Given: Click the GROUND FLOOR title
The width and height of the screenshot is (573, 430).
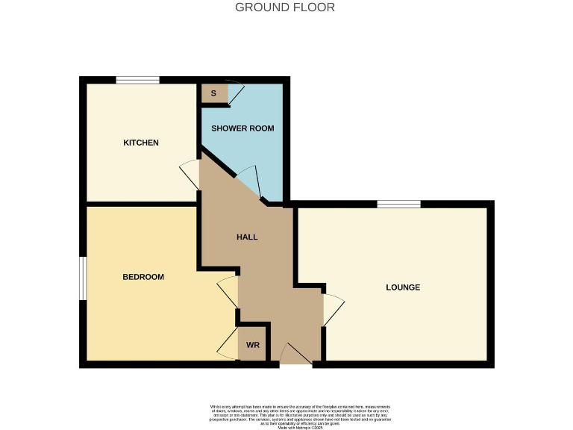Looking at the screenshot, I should coord(285,7).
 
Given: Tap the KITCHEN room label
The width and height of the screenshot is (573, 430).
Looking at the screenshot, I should coord(141,143).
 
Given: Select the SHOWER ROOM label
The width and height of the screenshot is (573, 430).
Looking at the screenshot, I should coord(242,128).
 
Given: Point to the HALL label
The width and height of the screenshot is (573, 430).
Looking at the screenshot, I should coord(247,237).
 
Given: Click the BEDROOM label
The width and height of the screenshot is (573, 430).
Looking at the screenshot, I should coord(143,277).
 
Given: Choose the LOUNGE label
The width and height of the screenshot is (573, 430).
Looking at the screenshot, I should coord(403,287).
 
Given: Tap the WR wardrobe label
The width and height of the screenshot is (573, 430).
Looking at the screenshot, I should coord(253,345).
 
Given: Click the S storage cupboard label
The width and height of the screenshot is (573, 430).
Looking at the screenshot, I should coord(213,93).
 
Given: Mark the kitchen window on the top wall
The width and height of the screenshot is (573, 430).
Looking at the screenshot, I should coord(137,80).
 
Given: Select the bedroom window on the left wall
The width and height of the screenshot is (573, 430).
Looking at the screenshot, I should coord(84,278).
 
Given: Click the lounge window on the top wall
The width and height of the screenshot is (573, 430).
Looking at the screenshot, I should coord(398,205).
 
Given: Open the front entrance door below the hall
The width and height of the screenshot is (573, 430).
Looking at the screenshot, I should coord(296,354).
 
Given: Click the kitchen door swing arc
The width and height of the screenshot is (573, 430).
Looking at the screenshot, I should coord(190,175).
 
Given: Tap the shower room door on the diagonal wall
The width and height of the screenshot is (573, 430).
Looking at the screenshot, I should coord(249,180).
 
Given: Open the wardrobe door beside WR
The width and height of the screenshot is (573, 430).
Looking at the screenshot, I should coord(228,346).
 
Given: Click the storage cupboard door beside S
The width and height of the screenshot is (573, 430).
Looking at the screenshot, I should coord(236,93).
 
